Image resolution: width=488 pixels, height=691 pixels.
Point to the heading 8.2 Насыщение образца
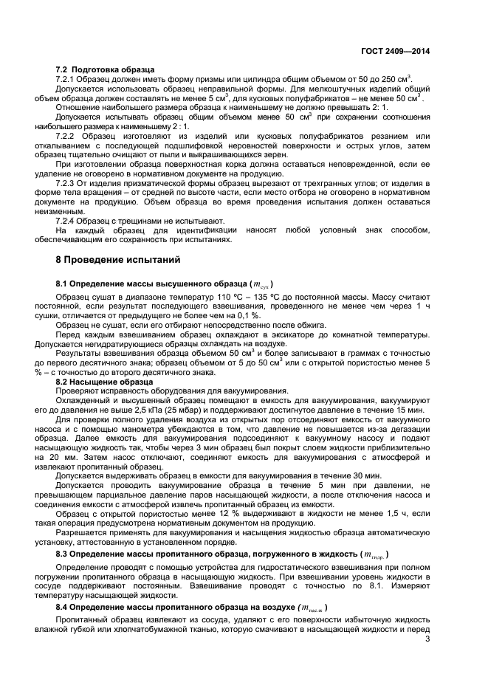click(x=104, y=382)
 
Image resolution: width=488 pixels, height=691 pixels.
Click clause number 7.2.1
click(x=67, y=78)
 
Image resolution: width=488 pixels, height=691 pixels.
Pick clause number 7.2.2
click(x=68, y=136)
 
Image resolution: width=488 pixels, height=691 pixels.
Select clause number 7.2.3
click(x=67, y=182)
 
